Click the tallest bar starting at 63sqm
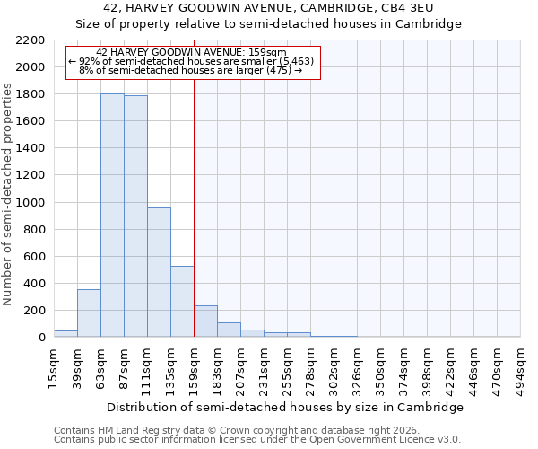coord(112,216)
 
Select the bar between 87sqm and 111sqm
coord(135,216)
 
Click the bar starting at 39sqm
coord(89,313)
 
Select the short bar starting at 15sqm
coord(65,334)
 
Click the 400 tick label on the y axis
coord(35,284)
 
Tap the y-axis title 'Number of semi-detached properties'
coord(9,194)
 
